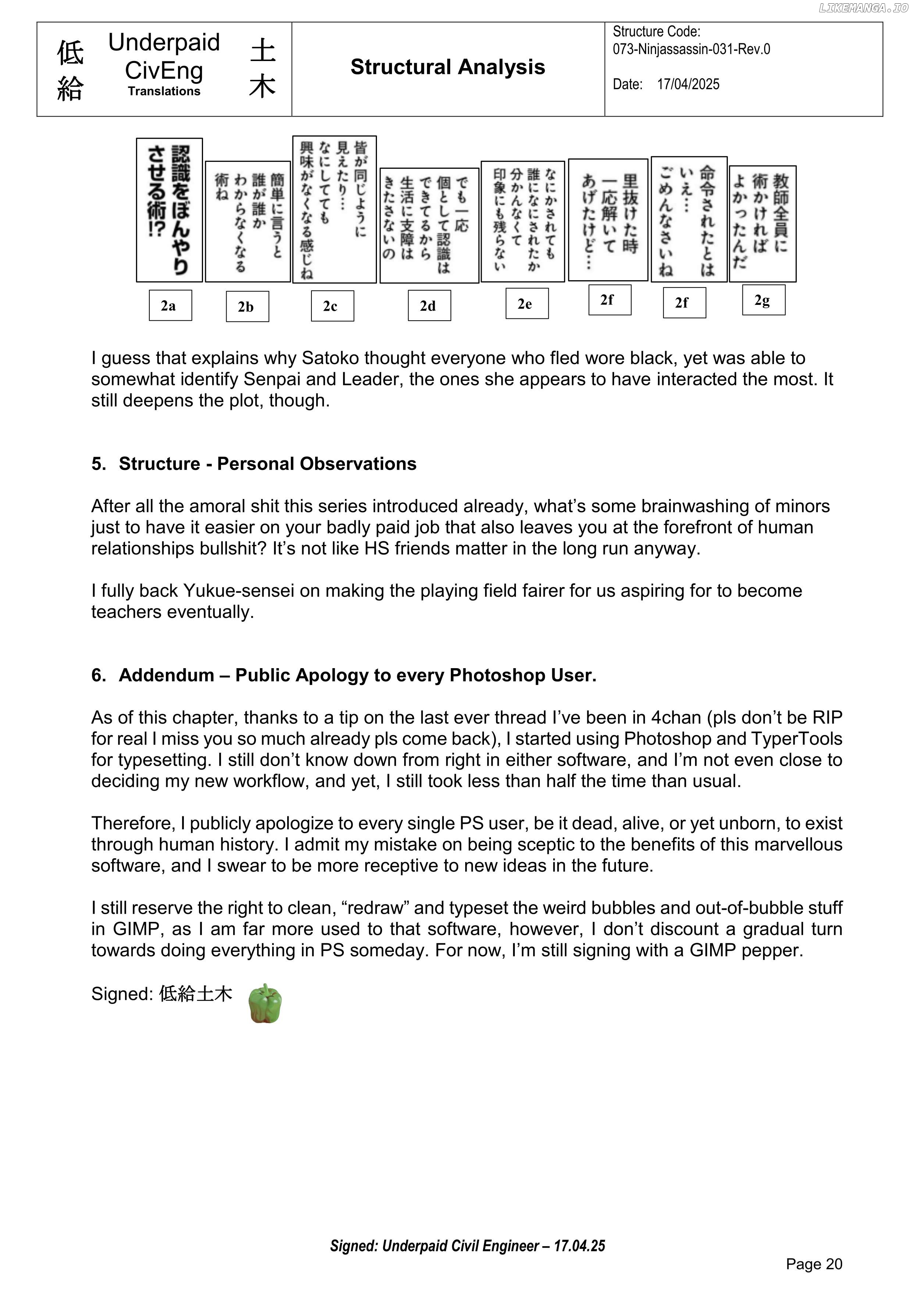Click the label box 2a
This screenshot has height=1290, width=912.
(170, 305)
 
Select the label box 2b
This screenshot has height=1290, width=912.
(247, 306)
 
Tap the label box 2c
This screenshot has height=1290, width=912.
(332, 306)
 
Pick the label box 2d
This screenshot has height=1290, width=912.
(429, 306)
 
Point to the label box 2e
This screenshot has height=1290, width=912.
(527, 303)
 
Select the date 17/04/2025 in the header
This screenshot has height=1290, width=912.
(688, 84)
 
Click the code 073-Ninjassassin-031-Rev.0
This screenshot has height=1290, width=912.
(691, 49)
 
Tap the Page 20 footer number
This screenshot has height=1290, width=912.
(814, 1264)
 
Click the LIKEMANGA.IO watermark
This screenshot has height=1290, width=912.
(863, 8)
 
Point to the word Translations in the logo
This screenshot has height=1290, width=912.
(164, 91)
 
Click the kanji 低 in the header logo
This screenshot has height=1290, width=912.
(70, 53)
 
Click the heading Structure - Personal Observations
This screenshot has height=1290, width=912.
(267, 463)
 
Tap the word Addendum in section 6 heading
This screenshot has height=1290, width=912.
(166, 675)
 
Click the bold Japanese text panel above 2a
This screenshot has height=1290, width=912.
(169, 210)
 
